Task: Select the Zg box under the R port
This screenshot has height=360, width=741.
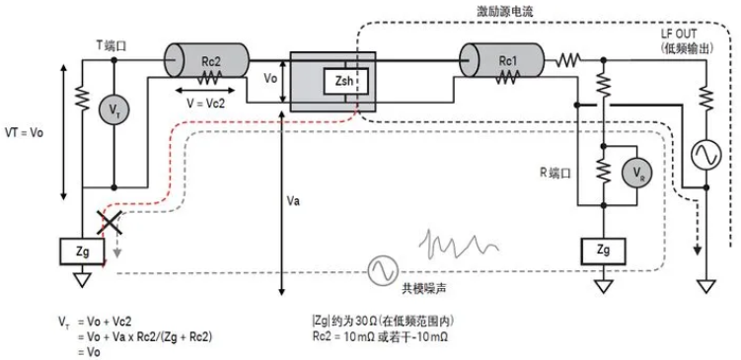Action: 602,251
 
